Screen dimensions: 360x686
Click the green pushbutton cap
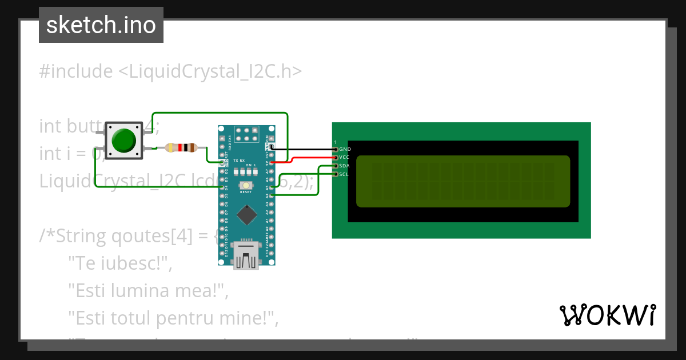[123, 141]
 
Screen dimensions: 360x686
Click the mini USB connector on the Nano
[246, 254]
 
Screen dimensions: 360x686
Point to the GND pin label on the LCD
[344, 149]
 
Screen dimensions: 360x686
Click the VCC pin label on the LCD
[344, 157]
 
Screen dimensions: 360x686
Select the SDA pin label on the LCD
[344, 166]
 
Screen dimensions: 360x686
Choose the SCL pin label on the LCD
[344, 174]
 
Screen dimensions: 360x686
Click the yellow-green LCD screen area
[463, 181]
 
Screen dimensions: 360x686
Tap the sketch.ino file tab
[101, 25]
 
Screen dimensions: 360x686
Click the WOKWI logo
[607, 315]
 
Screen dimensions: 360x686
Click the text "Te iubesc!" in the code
[120, 263]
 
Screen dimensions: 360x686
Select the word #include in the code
[76, 71]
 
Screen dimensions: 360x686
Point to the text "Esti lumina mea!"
[147, 291]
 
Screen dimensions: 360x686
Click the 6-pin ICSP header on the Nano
[246, 134]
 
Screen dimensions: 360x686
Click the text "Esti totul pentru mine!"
[173, 318]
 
